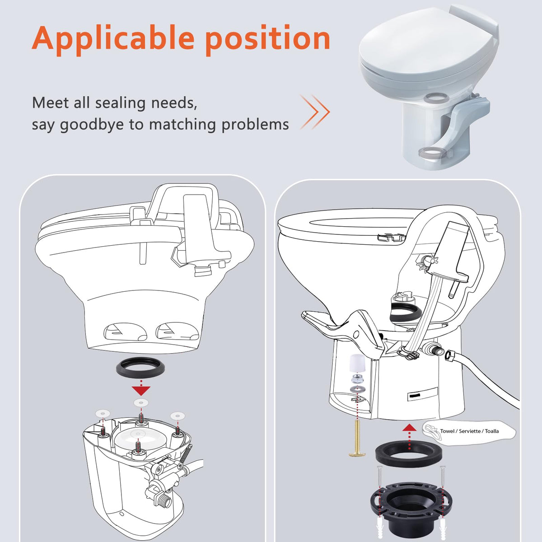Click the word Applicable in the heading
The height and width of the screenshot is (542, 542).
pyautogui.click(x=113, y=39)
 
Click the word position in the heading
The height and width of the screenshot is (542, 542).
pyautogui.click(x=267, y=39)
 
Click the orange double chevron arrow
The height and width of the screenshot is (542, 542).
pyautogui.click(x=315, y=112)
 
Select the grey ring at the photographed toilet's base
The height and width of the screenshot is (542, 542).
pyautogui.click(x=433, y=154)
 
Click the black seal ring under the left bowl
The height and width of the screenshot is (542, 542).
pyautogui.click(x=140, y=371)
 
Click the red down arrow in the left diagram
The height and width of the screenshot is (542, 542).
pyautogui.click(x=141, y=391)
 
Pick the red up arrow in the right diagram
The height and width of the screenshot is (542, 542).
pyautogui.click(x=409, y=428)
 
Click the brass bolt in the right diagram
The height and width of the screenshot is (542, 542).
pyautogui.click(x=357, y=440)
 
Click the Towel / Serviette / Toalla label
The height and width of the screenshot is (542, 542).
pyautogui.click(x=469, y=431)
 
